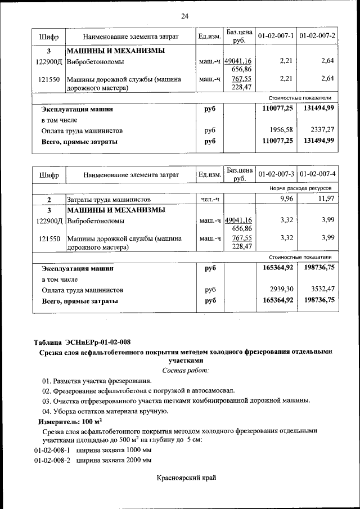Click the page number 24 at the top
tap(184, 15)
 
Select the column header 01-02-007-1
tap(276, 37)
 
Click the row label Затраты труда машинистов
tap(109, 200)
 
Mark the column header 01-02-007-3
tap(276, 175)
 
